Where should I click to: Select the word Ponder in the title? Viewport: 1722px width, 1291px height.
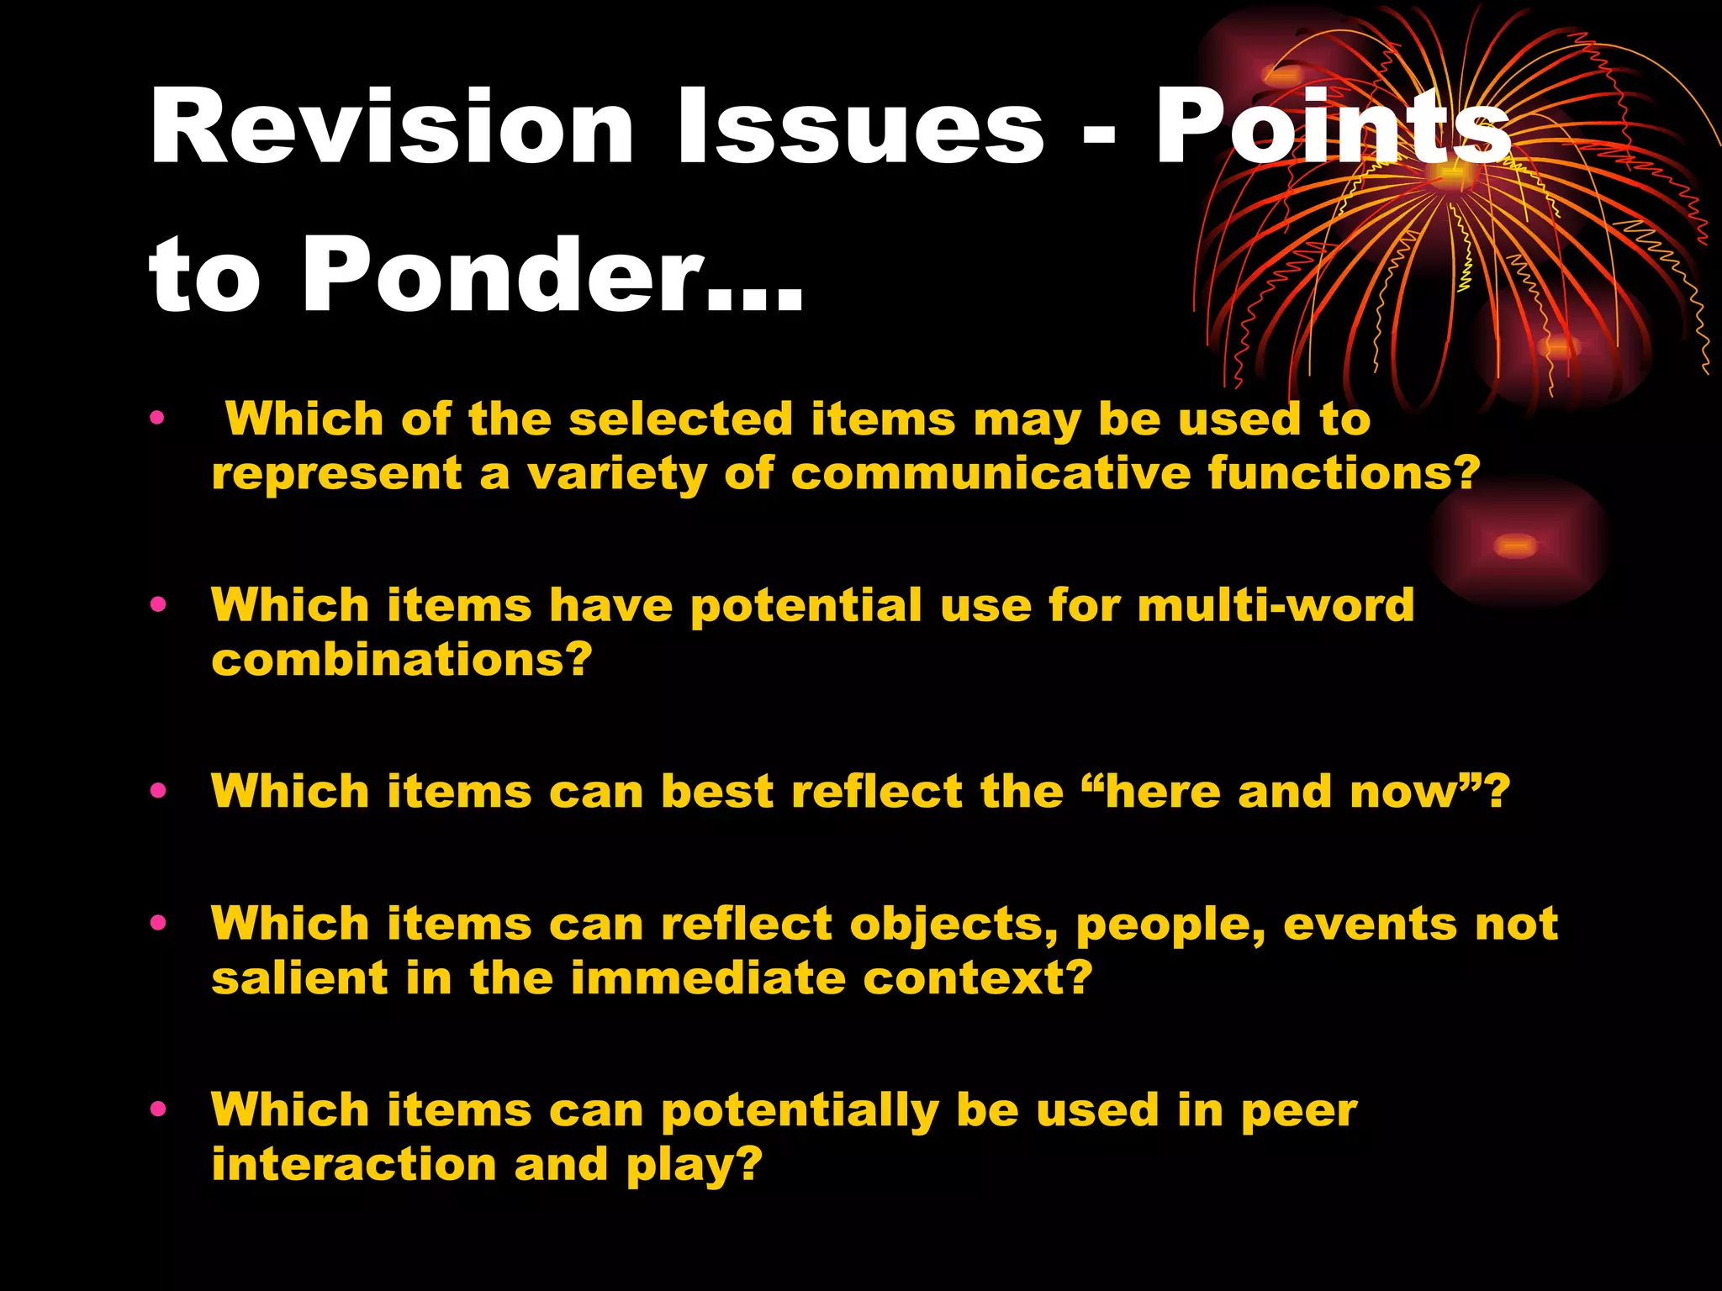pos(504,276)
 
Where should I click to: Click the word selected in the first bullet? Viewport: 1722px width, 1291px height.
pos(680,419)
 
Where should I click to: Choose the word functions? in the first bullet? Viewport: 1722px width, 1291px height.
pos(1344,473)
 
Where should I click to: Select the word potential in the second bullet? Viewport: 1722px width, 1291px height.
pos(806,605)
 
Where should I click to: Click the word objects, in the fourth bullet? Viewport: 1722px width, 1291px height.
pos(953,925)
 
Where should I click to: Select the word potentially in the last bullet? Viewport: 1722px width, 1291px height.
pos(800,1110)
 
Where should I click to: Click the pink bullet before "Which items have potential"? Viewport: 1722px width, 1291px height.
pos(158,604)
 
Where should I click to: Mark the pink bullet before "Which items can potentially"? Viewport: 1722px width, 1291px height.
pos(158,1109)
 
